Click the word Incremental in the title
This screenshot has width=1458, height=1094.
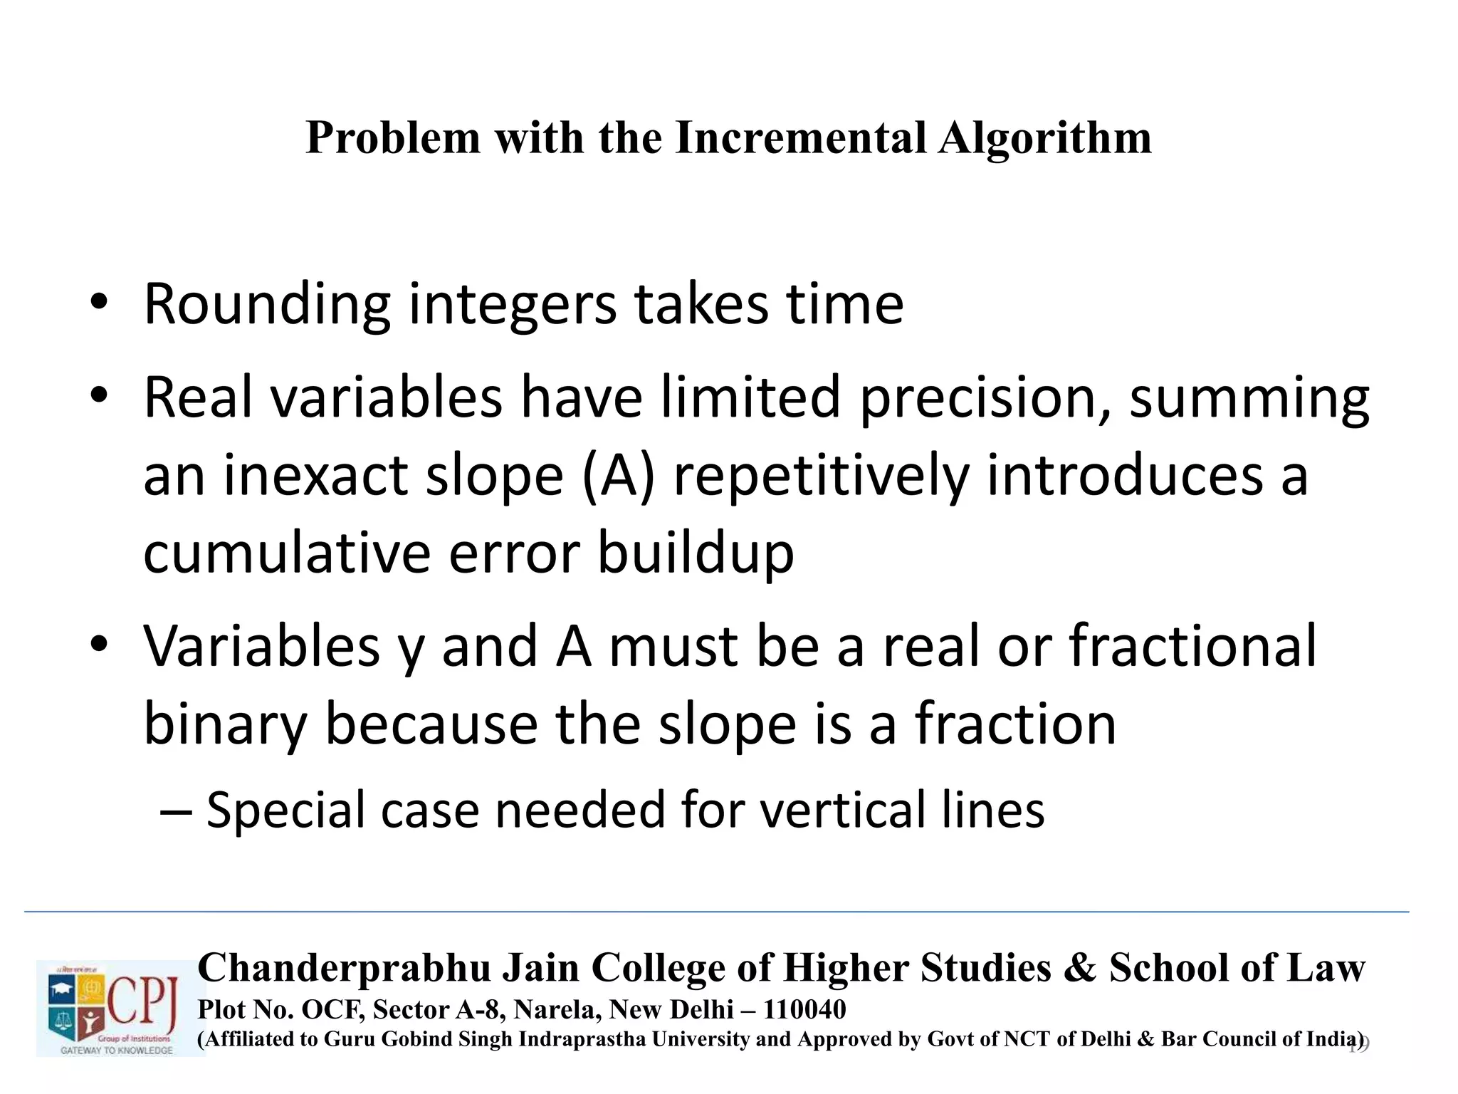[800, 137]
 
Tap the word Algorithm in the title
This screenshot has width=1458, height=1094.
[1044, 139]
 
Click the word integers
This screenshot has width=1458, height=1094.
[513, 306]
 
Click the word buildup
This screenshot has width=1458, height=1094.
[695, 553]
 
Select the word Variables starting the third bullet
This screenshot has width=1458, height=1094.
[262, 646]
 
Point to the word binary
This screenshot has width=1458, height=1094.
[225, 724]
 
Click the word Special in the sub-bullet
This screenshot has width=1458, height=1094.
[285, 811]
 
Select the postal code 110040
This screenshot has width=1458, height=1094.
[804, 1009]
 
